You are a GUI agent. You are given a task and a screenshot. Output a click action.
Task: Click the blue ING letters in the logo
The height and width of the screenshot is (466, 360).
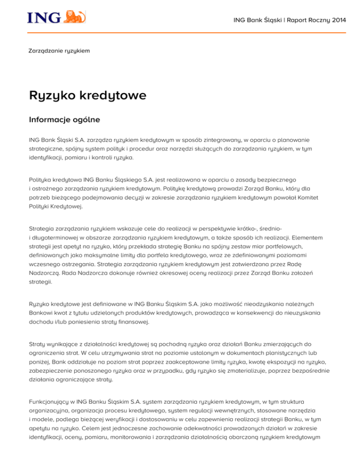tap(45, 17)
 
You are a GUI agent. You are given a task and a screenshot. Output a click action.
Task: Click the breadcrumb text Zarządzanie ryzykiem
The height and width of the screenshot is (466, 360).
tap(59, 50)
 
